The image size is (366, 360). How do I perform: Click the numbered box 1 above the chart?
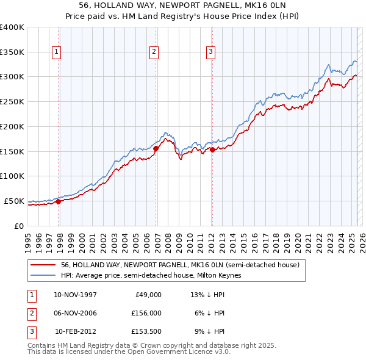coord(56,52)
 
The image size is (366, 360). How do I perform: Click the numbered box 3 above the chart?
coord(210,52)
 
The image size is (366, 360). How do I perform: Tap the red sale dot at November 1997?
coord(59,201)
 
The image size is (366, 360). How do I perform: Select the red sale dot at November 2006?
coord(156,148)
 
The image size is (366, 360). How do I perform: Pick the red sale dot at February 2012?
coord(213,149)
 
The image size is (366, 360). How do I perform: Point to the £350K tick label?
coord(12,52)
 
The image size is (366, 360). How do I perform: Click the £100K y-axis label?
coord(12,176)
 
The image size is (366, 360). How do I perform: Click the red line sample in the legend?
coord(43,265)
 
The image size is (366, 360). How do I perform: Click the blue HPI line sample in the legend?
coord(43,276)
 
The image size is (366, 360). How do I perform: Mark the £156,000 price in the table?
coord(147,313)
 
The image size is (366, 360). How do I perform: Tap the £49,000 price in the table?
coord(149,295)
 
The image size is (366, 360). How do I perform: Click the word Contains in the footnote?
coord(41,345)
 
